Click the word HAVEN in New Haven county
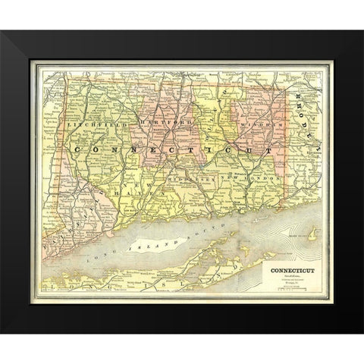click(149, 193)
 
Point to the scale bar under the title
click(288, 289)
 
